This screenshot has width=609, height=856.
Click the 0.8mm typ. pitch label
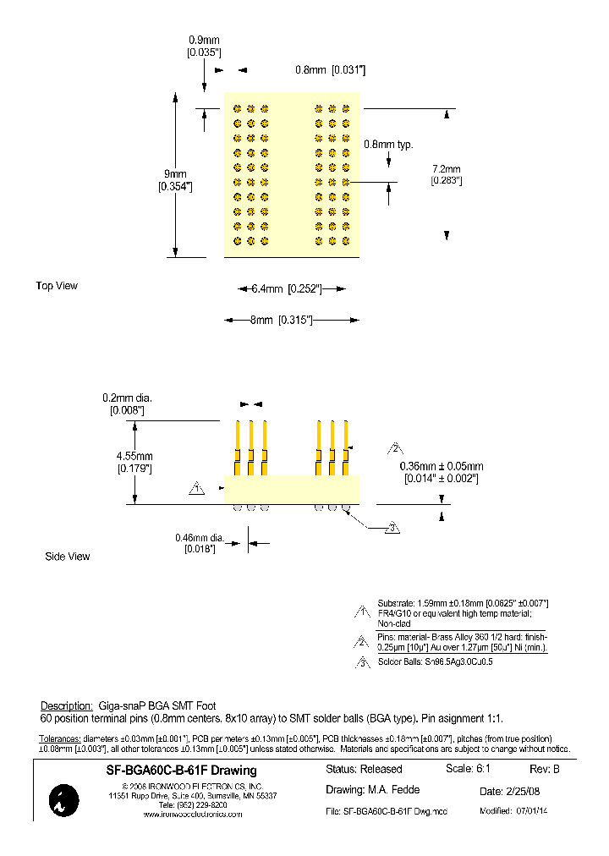388,145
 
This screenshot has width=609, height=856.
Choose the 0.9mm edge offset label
204,40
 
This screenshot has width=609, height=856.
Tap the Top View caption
57,286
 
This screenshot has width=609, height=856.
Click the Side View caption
67,557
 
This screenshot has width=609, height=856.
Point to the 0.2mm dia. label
127,398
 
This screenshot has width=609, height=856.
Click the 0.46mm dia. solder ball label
200,537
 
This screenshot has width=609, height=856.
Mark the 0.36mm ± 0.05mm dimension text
442,466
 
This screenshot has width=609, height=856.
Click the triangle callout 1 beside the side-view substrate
197,489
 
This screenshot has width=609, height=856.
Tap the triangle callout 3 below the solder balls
392,529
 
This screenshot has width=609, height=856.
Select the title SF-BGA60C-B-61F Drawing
181,771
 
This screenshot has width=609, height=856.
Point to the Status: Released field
364,769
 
